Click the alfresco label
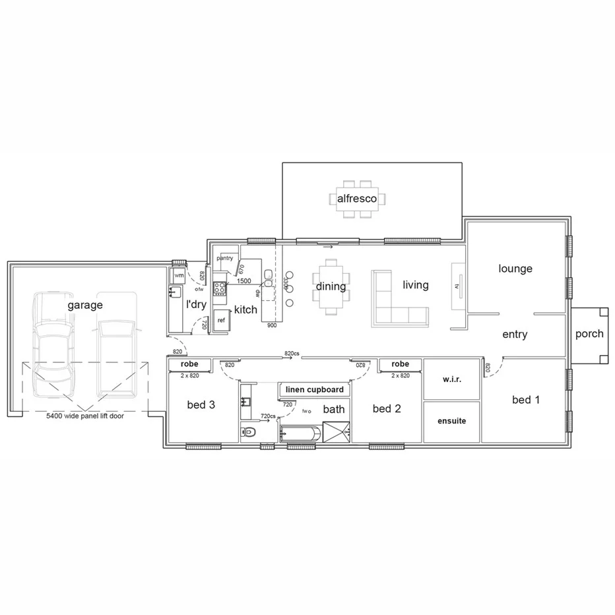357,198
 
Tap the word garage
85,305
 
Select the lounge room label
515,269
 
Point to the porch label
589,333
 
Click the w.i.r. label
451,380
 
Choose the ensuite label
451,420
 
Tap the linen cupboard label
315,389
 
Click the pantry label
225,258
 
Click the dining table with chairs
331,286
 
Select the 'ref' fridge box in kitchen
221,319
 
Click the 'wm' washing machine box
179,275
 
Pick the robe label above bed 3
190,364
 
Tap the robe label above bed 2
400,364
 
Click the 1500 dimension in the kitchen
243,281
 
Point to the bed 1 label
526,399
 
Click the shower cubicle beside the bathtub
336,434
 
